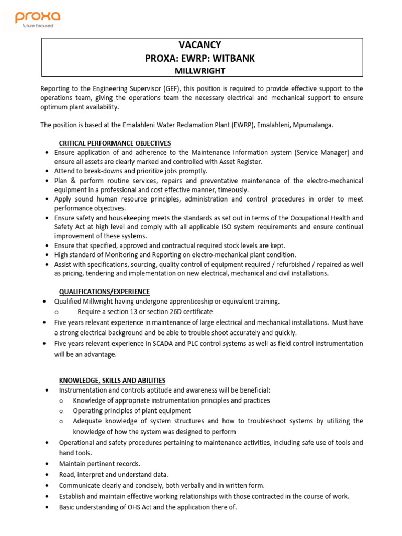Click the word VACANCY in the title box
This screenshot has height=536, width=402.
pyautogui.click(x=200, y=46)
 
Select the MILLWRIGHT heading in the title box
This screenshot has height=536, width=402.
pyautogui.click(x=200, y=70)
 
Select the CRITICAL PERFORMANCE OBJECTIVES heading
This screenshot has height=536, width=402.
pyautogui.click(x=115, y=143)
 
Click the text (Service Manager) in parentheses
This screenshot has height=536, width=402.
pyautogui.click(x=321, y=152)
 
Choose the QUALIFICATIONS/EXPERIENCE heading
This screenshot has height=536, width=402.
pyautogui.click(x=104, y=292)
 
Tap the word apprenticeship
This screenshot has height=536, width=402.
pyautogui.click(x=189, y=301)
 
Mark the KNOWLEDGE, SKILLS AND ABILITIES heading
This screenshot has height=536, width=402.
pyautogui.click(x=113, y=380)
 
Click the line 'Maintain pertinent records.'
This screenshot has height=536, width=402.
pyautogui.click(x=99, y=464)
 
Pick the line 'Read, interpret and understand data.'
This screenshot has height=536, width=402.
pyautogui.click(x=114, y=474)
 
